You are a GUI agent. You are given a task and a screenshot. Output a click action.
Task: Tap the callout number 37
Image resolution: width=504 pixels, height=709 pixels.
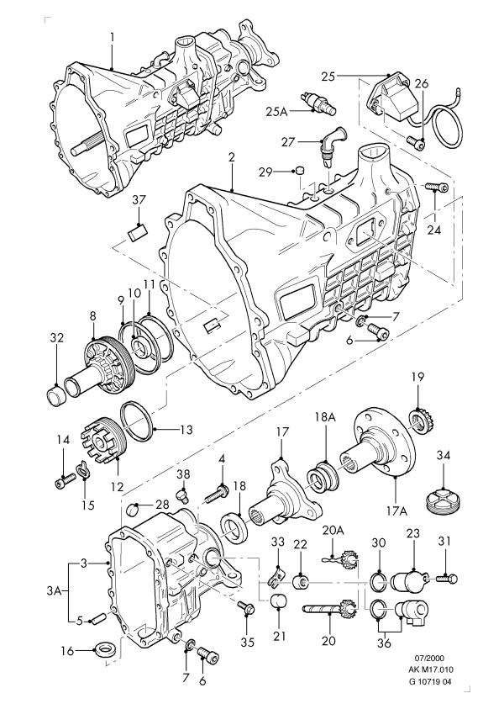tap(139, 200)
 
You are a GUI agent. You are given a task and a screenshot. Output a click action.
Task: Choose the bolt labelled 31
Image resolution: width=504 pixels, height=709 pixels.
tap(447, 578)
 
